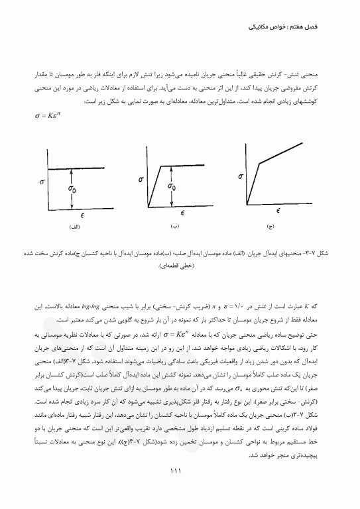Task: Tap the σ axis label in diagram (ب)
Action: pos(141,178)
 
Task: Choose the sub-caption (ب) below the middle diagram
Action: pos(175,227)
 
